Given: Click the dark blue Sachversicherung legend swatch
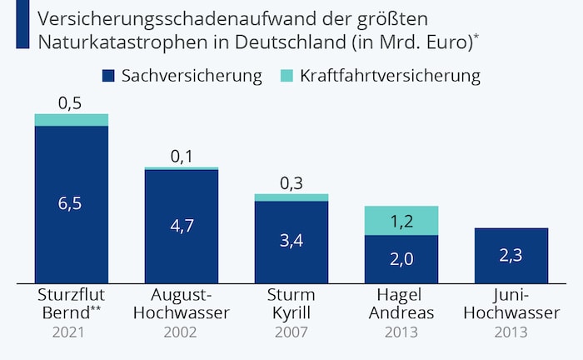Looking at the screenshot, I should (x=107, y=77).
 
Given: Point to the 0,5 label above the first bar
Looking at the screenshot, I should (x=72, y=103).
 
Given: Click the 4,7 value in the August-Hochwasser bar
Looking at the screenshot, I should (x=182, y=226).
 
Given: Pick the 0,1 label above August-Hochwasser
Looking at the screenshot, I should (x=182, y=157).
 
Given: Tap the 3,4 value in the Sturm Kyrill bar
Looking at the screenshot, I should (x=291, y=242).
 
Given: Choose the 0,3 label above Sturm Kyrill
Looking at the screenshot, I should (x=291, y=183).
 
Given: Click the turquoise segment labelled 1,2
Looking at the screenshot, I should (x=401, y=221).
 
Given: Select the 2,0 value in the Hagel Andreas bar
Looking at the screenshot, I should (x=401, y=258).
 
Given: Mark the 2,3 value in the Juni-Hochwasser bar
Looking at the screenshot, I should (x=511, y=256).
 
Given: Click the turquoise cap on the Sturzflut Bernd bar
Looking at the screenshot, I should (x=72, y=120).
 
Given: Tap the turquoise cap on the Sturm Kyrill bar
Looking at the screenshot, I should (x=291, y=197).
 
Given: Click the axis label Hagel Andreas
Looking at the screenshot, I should (x=401, y=304).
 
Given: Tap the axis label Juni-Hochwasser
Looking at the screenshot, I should (x=511, y=304).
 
